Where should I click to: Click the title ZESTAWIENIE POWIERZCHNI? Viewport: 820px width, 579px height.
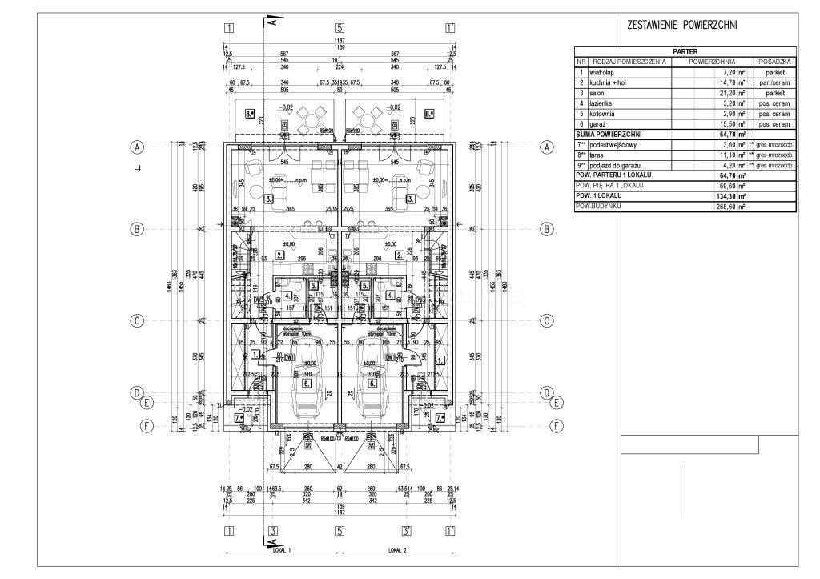(x=683, y=26)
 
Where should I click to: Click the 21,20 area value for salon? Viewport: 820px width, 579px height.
(x=725, y=93)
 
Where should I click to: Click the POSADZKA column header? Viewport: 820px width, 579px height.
(x=774, y=62)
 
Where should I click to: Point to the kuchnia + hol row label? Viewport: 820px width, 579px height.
(x=612, y=82)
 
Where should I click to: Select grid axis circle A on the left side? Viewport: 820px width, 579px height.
(x=138, y=147)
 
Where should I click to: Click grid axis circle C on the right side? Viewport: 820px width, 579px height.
(x=547, y=321)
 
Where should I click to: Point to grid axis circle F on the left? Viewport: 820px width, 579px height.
(x=146, y=426)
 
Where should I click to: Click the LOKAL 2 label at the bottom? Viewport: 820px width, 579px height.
(x=397, y=551)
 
